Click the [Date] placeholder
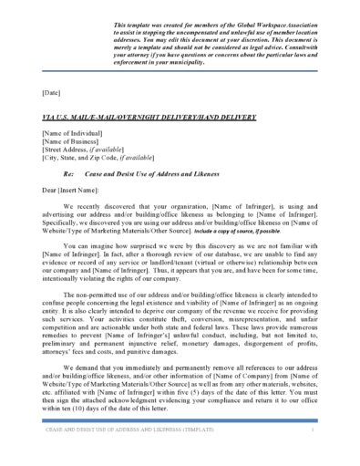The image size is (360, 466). (x=51, y=92)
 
